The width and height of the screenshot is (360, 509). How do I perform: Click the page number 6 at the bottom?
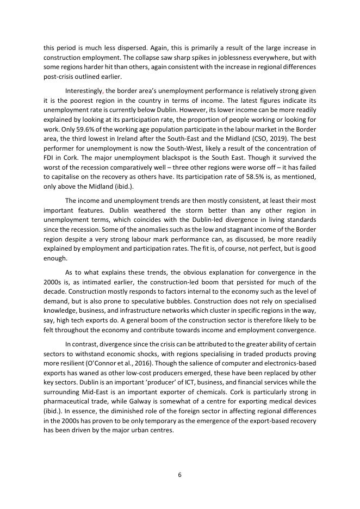(179, 474)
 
